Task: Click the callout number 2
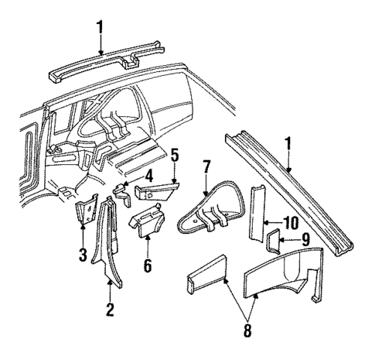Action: point(110,311)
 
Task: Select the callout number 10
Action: point(289,223)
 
